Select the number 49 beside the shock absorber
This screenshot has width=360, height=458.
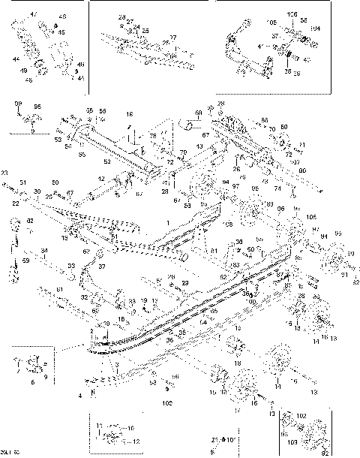pos(23,71)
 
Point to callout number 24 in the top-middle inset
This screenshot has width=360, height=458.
pos(136,26)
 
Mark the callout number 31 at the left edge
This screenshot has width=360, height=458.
pos(22,182)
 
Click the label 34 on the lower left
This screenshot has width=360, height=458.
pos(43,251)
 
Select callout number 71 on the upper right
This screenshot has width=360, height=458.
pos(302,144)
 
